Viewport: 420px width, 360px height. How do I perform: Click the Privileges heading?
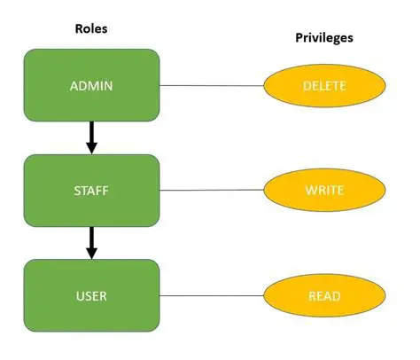(x=324, y=39)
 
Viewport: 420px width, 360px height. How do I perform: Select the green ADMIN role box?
(x=91, y=85)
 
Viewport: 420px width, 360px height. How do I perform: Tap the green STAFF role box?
(x=91, y=189)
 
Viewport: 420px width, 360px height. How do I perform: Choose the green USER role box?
(x=91, y=294)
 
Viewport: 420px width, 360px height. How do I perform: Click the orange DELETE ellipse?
(x=324, y=86)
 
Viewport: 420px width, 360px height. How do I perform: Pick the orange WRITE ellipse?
(x=324, y=190)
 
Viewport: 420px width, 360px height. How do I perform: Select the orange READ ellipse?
(x=324, y=295)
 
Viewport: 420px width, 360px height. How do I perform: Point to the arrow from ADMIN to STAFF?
(x=91, y=135)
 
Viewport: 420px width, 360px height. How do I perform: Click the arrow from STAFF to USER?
(x=91, y=239)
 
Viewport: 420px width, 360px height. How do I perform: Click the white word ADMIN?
(x=91, y=86)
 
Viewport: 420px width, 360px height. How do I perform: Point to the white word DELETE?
(x=324, y=87)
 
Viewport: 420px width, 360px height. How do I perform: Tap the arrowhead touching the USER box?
(x=91, y=253)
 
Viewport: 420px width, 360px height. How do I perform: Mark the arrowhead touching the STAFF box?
(x=91, y=147)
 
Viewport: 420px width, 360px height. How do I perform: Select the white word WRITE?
(x=324, y=191)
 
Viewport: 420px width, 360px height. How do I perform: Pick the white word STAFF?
(x=91, y=190)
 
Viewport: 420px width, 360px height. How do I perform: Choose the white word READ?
(x=324, y=296)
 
